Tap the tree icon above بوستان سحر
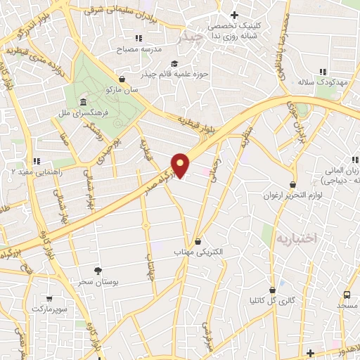tap(98, 271)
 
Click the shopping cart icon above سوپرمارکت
tap(49, 298)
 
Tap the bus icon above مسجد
tap(347, 295)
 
